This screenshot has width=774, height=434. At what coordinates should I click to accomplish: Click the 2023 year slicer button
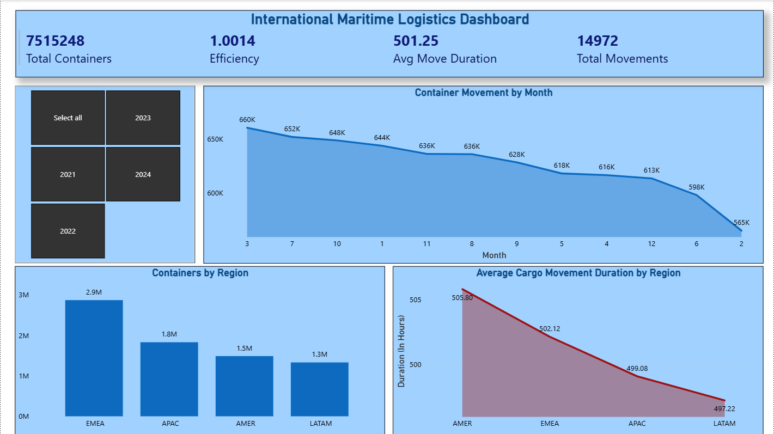tap(143, 118)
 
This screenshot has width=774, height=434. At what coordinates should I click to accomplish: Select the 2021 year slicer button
tap(68, 174)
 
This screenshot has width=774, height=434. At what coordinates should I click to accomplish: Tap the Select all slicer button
tap(68, 118)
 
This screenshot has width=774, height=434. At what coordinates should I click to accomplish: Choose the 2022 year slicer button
tap(68, 231)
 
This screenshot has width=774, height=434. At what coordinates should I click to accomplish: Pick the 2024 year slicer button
tap(143, 174)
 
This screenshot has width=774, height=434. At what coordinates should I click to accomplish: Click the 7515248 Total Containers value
tap(56, 41)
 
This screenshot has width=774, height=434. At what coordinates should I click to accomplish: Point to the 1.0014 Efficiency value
tap(233, 41)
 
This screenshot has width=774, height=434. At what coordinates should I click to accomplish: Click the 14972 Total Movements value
tap(598, 41)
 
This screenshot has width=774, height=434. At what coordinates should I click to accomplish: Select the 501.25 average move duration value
tap(416, 41)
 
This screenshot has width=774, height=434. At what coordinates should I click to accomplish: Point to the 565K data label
tap(741, 223)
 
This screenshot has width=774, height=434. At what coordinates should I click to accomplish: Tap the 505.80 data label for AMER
tap(462, 298)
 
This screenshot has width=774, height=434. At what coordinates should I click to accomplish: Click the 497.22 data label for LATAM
tap(724, 409)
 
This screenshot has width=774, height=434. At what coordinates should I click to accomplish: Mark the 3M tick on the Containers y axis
tap(23, 295)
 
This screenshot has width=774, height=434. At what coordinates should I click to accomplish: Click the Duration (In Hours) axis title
tap(401, 351)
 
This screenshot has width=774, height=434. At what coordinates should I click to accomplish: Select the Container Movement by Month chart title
tap(483, 93)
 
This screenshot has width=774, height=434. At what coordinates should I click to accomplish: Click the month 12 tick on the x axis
tap(651, 244)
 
